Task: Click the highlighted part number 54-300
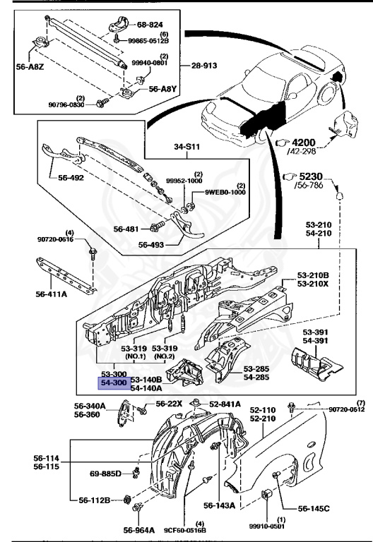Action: pyautogui.click(x=114, y=383)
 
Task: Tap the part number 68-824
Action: pyautogui.click(x=150, y=25)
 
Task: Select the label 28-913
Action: pyautogui.click(x=204, y=66)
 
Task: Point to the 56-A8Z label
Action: pyautogui.click(x=30, y=67)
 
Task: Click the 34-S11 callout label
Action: pyautogui.click(x=186, y=147)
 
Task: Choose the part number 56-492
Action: pyautogui.click(x=71, y=178)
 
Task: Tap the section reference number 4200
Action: pyautogui.click(x=304, y=143)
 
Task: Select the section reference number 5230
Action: pyautogui.click(x=311, y=176)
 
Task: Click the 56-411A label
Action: pyautogui.click(x=51, y=294)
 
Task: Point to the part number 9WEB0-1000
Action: pyautogui.click(x=225, y=192)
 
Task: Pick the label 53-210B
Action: pyautogui.click(x=313, y=275)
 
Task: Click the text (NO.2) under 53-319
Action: pyautogui.click(x=165, y=356)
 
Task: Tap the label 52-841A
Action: pyautogui.click(x=225, y=404)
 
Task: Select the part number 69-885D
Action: pyautogui.click(x=105, y=474)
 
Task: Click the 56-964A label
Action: pyautogui.click(x=138, y=530)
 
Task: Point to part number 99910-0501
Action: pyautogui.click(x=267, y=526)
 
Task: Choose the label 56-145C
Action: pyautogui.click(x=314, y=508)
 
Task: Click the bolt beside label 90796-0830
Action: pyautogui.click(x=102, y=102)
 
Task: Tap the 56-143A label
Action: pyautogui.click(x=220, y=506)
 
